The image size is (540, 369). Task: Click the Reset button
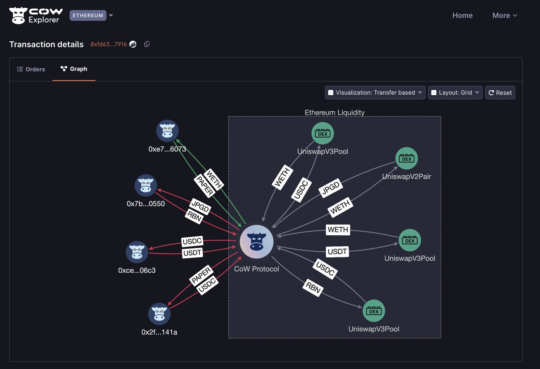(x=500, y=93)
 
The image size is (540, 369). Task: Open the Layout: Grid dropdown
(x=455, y=93)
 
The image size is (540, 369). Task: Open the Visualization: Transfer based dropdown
(x=375, y=93)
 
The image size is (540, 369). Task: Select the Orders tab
(x=31, y=69)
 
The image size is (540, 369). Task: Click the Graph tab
(x=74, y=69)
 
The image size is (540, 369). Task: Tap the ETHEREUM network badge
(x=88, y=16)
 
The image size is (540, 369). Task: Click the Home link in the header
(x=462, y=16)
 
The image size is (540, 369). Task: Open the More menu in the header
(x=505, y=16)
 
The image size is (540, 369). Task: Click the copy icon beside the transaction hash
(x=147, y=44)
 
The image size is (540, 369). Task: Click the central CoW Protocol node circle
(x=257, y=242)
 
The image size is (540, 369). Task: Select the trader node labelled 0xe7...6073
(x=167, y=131)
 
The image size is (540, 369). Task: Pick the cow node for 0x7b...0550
(x=146, y=185)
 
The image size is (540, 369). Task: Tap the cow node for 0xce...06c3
(x=137, y=252)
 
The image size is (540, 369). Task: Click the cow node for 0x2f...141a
(x=159, y=314)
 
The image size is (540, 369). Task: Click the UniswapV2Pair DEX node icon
(x=406, y=158)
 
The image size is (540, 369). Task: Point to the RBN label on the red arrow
(x=194, y=216)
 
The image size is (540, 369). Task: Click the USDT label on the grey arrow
(x=337, y=252)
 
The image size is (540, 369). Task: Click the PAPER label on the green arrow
(x=205, y=186)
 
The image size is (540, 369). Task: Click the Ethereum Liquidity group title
(x=334, y=113)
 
